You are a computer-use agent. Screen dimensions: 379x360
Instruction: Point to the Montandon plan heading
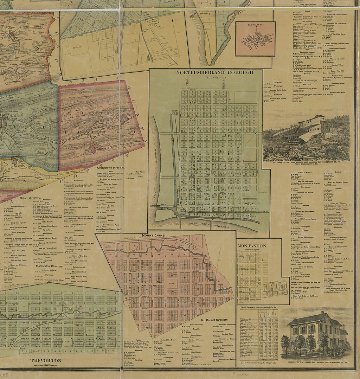coord(251,245)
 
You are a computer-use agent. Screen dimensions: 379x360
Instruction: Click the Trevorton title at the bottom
coord(46,360)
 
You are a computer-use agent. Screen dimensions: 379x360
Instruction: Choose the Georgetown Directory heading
coord(110,168)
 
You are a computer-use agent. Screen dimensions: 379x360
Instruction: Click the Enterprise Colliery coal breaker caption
coord(306,164)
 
